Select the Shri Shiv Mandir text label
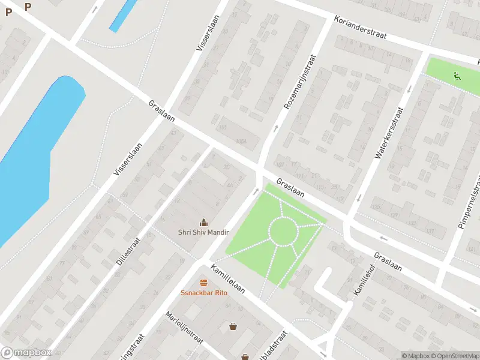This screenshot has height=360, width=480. [203, 232]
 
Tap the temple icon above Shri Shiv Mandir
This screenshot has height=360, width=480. [203, 222]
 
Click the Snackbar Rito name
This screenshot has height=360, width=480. [203, 293]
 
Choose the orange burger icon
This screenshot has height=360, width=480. [203, 283]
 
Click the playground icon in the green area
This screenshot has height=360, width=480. [457, 76]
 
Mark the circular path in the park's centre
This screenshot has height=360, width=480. [282, 231]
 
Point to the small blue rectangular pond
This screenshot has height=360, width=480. [122, 16]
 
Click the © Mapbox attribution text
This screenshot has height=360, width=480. [416, 356]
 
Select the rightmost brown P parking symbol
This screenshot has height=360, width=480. [28, 7]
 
